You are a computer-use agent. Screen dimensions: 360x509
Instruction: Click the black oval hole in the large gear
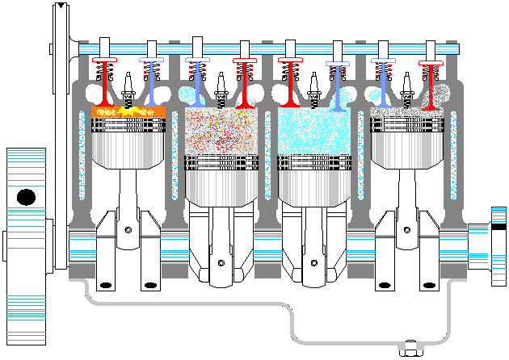click(26, 196)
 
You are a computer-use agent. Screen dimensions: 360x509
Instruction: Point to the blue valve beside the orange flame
click(151, 81)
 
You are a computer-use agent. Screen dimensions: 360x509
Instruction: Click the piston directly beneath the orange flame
click(128, 141)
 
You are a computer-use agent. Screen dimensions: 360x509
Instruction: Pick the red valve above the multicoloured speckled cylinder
click(244, 81)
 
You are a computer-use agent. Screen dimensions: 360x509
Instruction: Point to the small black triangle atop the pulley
click(60, 6)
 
